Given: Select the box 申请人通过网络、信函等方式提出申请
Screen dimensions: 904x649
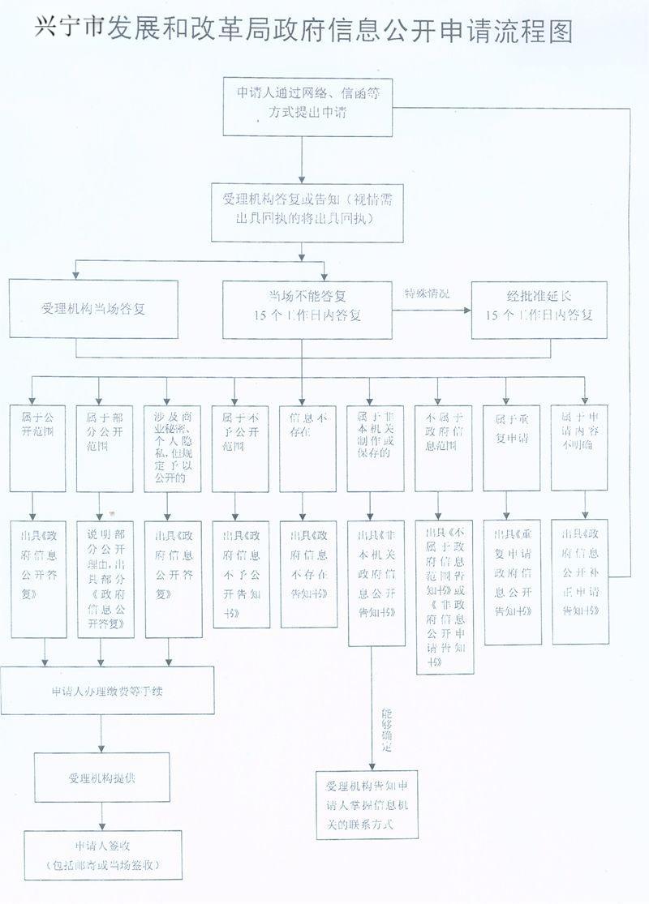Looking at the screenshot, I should (303, 105).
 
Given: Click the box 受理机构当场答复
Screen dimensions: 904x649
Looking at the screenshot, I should (93, 309).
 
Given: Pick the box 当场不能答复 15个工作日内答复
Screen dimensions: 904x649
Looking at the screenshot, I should (307, 309).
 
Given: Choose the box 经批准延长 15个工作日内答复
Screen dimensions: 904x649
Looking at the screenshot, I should (539, 309).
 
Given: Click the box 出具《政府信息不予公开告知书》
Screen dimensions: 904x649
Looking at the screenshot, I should (240, 573).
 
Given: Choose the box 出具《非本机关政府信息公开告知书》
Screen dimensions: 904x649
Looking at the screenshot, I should (376, 583).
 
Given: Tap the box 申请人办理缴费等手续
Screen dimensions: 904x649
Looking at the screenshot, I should (107, 691).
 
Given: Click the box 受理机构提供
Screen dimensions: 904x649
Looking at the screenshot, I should (101, 778).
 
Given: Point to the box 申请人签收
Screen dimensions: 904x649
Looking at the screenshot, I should (102, 855).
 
